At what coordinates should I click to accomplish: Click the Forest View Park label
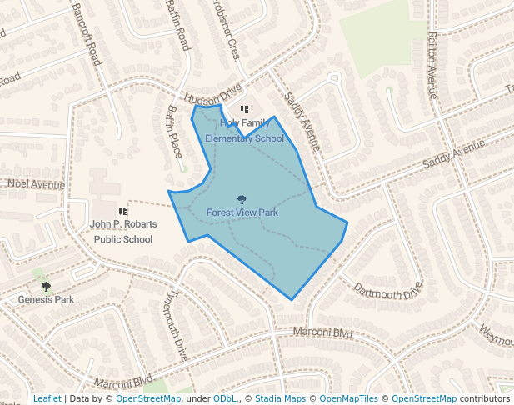pyautogui.click(x=242, y=212)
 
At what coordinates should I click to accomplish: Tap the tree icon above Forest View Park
pyautogui.click(x=242, y=200)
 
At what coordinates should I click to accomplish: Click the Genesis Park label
pyautogui.click(x=46, y=299)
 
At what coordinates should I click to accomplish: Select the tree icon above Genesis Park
pyautogui.click(x=46, y=287)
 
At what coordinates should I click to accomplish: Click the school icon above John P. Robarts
pyautogui.click(x=122, y=212)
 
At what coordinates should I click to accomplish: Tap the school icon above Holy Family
pyautogui.click(x=244, y=109)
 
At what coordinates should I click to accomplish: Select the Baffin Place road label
pyautogui.click(x=174, y=132)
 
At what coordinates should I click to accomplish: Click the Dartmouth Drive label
pyautogui.click(x=387, y=292)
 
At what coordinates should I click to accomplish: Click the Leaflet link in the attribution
pyautogui.click(x=47, y=398)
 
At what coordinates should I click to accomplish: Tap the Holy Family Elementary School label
pyautogui.click(x=244, y=131)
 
